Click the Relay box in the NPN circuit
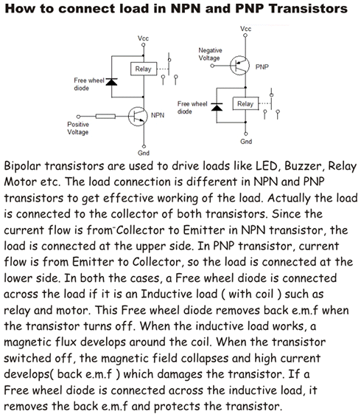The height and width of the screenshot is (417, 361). coord(144,69)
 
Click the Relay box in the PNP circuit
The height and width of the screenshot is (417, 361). coord(245,103)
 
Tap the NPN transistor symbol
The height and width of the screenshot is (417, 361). coord(138,116)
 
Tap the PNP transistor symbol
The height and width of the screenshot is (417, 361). coord(239,65)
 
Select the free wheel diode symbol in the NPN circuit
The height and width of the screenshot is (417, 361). coord(111,82)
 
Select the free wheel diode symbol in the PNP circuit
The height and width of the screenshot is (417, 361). coord(217,106)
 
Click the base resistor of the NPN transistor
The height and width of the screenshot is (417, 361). coord(105,116)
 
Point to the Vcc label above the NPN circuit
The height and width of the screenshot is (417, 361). coord(143,38)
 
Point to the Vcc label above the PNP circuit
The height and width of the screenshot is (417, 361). coord(245,29)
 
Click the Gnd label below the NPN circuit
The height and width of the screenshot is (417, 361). coord(144,153)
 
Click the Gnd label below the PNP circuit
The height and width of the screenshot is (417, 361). coord(246,142)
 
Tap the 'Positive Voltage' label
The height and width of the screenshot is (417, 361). coord(78,128)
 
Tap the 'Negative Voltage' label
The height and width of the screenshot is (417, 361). coord(210,54)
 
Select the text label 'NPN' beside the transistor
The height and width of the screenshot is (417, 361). coord(158,115)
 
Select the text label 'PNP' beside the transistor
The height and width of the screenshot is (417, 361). coord(262,66)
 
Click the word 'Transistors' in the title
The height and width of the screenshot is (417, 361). coord(308,9)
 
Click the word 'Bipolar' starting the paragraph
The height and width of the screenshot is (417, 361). coord(22,166)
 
